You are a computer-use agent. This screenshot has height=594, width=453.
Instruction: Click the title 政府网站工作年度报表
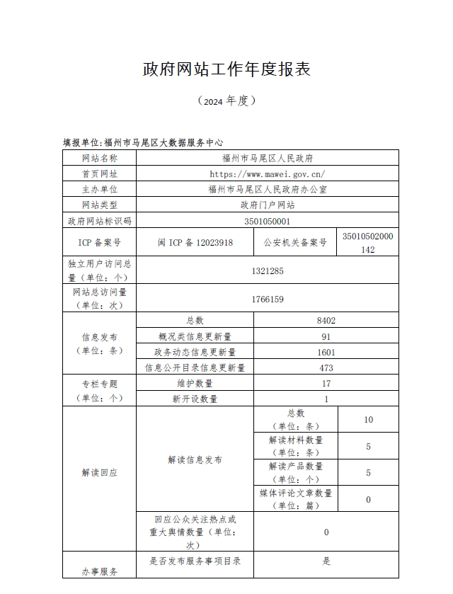click(226, 69)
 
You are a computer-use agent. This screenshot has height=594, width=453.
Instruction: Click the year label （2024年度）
click(226, 101)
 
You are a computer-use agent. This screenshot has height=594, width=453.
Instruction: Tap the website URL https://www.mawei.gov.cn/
click(268, 173)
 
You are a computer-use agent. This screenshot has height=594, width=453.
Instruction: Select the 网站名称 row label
click(100, 158)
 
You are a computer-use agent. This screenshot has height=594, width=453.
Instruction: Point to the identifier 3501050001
click(268, 221)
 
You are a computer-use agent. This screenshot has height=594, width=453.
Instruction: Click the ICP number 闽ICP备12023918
click(195, 242)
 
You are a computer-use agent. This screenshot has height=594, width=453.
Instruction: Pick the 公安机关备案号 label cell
click(295, 242)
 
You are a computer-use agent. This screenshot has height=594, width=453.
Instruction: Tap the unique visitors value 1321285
click(268, 270)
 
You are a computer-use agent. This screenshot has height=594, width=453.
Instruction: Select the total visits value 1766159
click(268, 299)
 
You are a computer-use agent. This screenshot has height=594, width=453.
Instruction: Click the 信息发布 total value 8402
click(326, 321)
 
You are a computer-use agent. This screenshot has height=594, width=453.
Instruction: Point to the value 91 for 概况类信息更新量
click(326, 336)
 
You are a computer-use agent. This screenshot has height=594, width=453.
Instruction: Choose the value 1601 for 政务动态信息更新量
click(326, 352)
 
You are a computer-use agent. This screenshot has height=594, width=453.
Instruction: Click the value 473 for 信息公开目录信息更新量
click(326, 367)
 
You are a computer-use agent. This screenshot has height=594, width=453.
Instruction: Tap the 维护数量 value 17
click(326, 383)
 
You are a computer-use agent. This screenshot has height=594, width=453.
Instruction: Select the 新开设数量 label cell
click(195, 399)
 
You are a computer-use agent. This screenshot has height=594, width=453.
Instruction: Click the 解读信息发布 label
click(195, 459)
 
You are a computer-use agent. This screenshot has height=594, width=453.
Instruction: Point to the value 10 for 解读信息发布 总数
click(368, 420)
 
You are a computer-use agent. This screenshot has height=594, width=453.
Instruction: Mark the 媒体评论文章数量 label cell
click(295, 499)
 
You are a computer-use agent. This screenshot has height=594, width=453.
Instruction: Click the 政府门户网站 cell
click(268, 205)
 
